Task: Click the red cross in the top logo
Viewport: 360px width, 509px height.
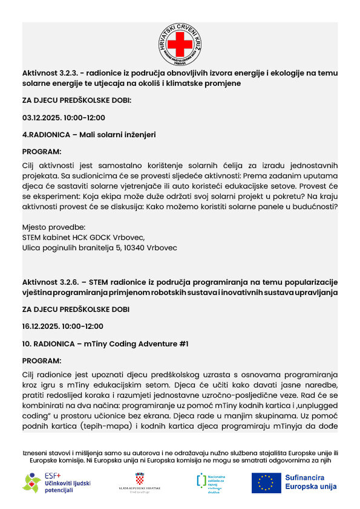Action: (x=180, y=44)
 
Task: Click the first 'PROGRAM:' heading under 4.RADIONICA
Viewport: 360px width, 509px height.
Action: (x=42, y=152)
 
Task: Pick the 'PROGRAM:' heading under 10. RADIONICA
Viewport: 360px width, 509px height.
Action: (x=42, y=361)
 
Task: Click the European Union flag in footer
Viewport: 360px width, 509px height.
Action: (x=266, y=482)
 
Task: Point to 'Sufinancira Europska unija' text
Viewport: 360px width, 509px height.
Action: (x=310, y=482)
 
